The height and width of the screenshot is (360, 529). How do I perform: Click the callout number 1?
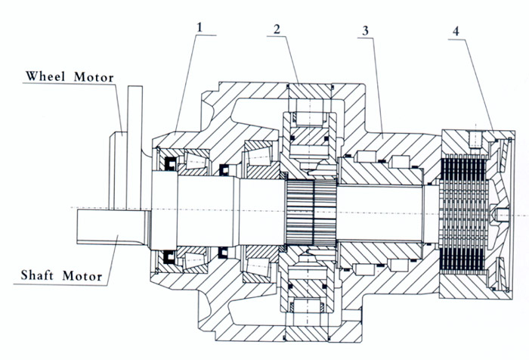click(200, 27)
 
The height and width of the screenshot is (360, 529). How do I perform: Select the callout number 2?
click(277, 29)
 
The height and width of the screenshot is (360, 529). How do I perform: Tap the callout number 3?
click(365, 31)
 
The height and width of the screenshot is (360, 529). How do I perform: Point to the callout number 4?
click(456, 31)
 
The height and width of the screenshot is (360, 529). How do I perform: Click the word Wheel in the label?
click(45, 76)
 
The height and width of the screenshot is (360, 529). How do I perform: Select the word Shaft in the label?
click(37, 275)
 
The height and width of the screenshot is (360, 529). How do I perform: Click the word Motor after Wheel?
click(94, 77)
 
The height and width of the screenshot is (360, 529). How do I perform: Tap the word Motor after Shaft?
click(82, 276)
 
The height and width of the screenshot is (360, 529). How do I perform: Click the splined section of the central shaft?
click(311, 212)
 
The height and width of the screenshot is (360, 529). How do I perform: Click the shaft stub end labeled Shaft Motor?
click(112, 226)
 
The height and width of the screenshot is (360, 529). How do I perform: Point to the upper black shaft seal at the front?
click(170, 164)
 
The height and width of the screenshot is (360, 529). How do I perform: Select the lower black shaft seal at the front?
click(170, 257)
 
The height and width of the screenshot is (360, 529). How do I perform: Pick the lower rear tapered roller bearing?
click(261, 264)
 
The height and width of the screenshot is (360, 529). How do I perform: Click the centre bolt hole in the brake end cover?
click(500, 213)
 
